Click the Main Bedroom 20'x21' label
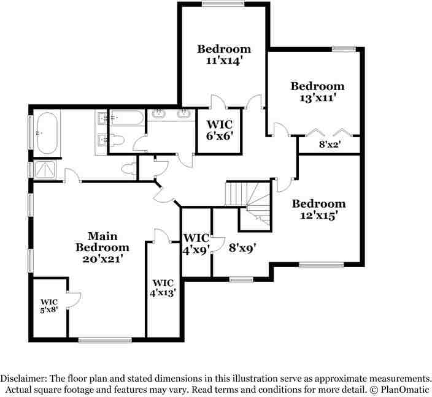click(x=102, y=248)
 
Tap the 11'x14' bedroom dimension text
click(x=224, y=60)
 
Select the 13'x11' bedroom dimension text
click(x=317, y=97)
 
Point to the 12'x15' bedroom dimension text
click(x=318, y=216)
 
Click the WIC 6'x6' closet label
click(x=220, y=130)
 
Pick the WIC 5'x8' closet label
click(x=49, y=306)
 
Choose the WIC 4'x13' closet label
click(x=163, y=288)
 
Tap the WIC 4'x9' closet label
click(x=197, y=244)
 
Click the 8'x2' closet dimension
click(x=330, y=145)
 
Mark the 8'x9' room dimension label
click(x=243, y=248)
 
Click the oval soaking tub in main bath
click(x=47, y=133)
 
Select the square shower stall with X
click(x=45, y=170)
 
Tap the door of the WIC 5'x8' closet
click(x=74, y=300)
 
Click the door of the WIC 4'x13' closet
click(x=162, y=236)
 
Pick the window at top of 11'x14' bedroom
click(x=223, y=4)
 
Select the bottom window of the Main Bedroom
click(x=105, y=340)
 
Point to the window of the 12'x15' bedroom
click(x=322, y=265)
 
